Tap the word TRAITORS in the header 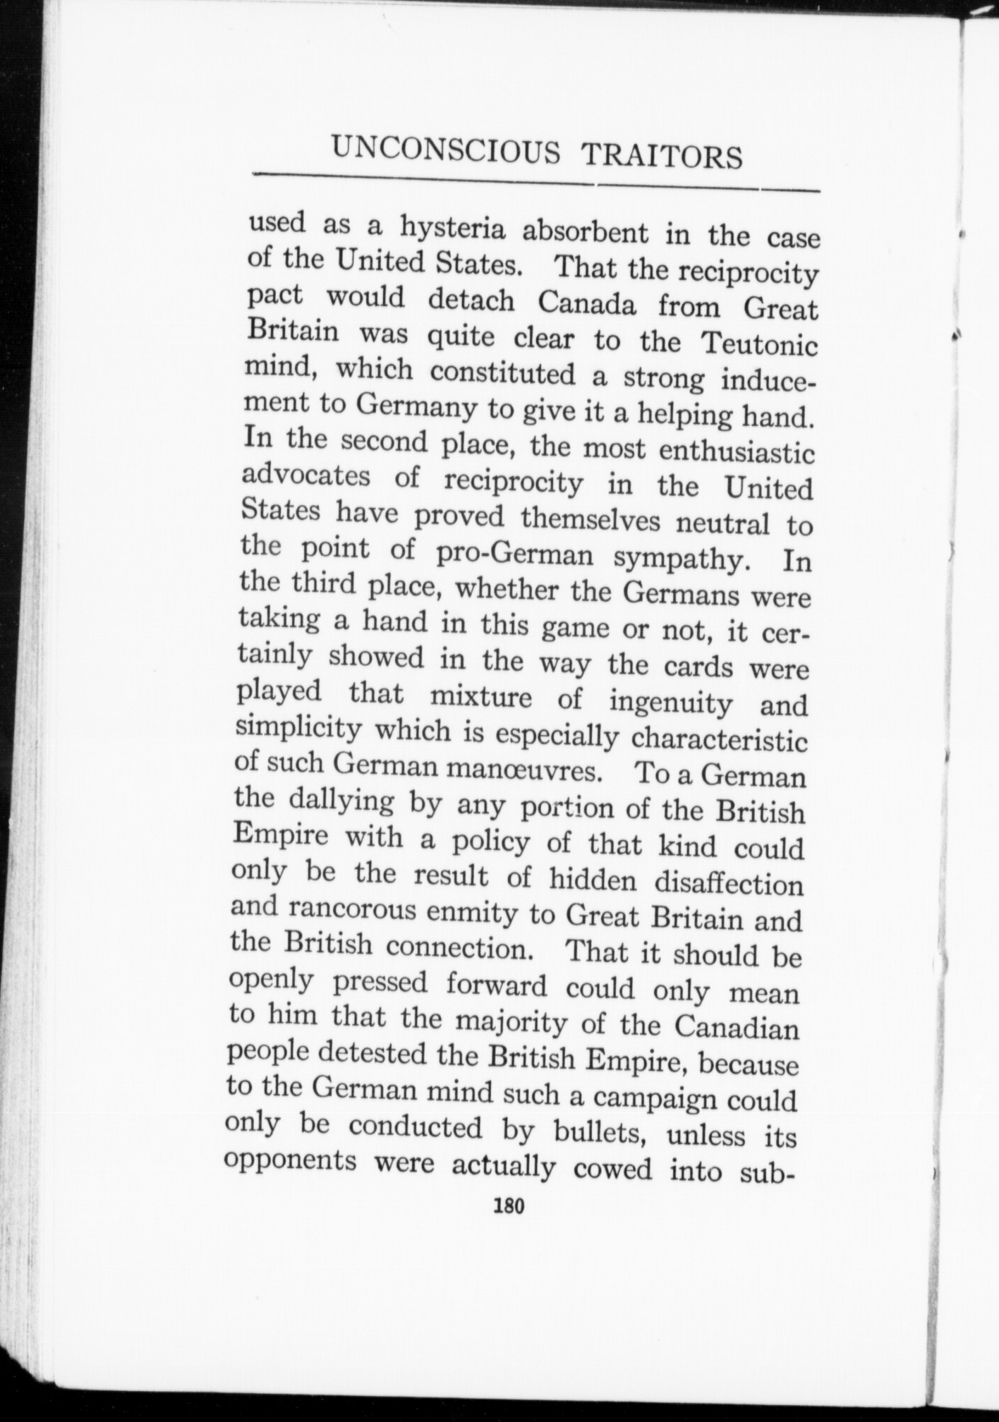(x=662, y=156)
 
